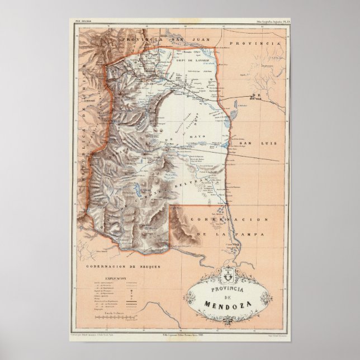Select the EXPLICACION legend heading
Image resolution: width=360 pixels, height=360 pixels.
[x=115, y=277]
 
